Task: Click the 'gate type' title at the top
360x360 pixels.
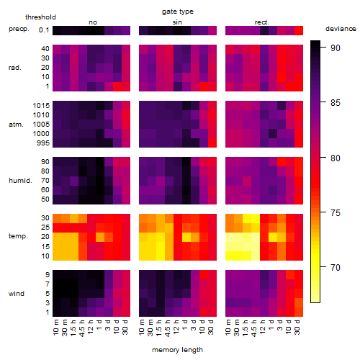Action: pyautogui.click(x=178, y=12)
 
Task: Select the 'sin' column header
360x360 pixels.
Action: pyautogui.click(x=177, y=22)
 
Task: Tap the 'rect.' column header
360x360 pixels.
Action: pyautogui.click(x=261, y=22)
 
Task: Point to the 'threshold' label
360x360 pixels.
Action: pyautogui.click(x=40, y=17)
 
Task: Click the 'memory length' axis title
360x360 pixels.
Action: pyautogui.click(x=177, y=350)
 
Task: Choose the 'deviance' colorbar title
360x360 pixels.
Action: pyautogui.click(x=341, y=29)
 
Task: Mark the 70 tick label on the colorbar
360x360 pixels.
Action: pyautogui.click(x=336, y=267)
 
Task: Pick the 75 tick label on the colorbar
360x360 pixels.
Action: pyautogui.click(x=336, y=213)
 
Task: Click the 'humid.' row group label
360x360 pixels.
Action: pyautogui.click(x=20, y=181)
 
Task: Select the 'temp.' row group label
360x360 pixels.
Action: pyautogui.click(x=18, y=236)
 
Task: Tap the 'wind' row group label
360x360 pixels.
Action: pyautogui.click(x=17, y=294)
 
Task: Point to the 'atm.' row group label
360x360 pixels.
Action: pyautogui.click(x=16, y=125)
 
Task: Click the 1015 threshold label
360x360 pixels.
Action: pyautogui.click(x=41, y=106)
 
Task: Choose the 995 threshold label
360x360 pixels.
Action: pyautogui.click(x=43, y=143)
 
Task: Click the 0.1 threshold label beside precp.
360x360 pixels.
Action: pyautogui.click(x=44, y=30)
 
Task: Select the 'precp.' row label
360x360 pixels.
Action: pyautogui.click(x=19, y=29)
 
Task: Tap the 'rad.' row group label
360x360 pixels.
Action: pyautogui.click(x=15, y=68)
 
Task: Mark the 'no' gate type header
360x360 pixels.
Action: pyautogui.click(x=93, y=22)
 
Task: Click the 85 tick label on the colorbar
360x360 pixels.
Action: pyautogui.click(x=336, y=103)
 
